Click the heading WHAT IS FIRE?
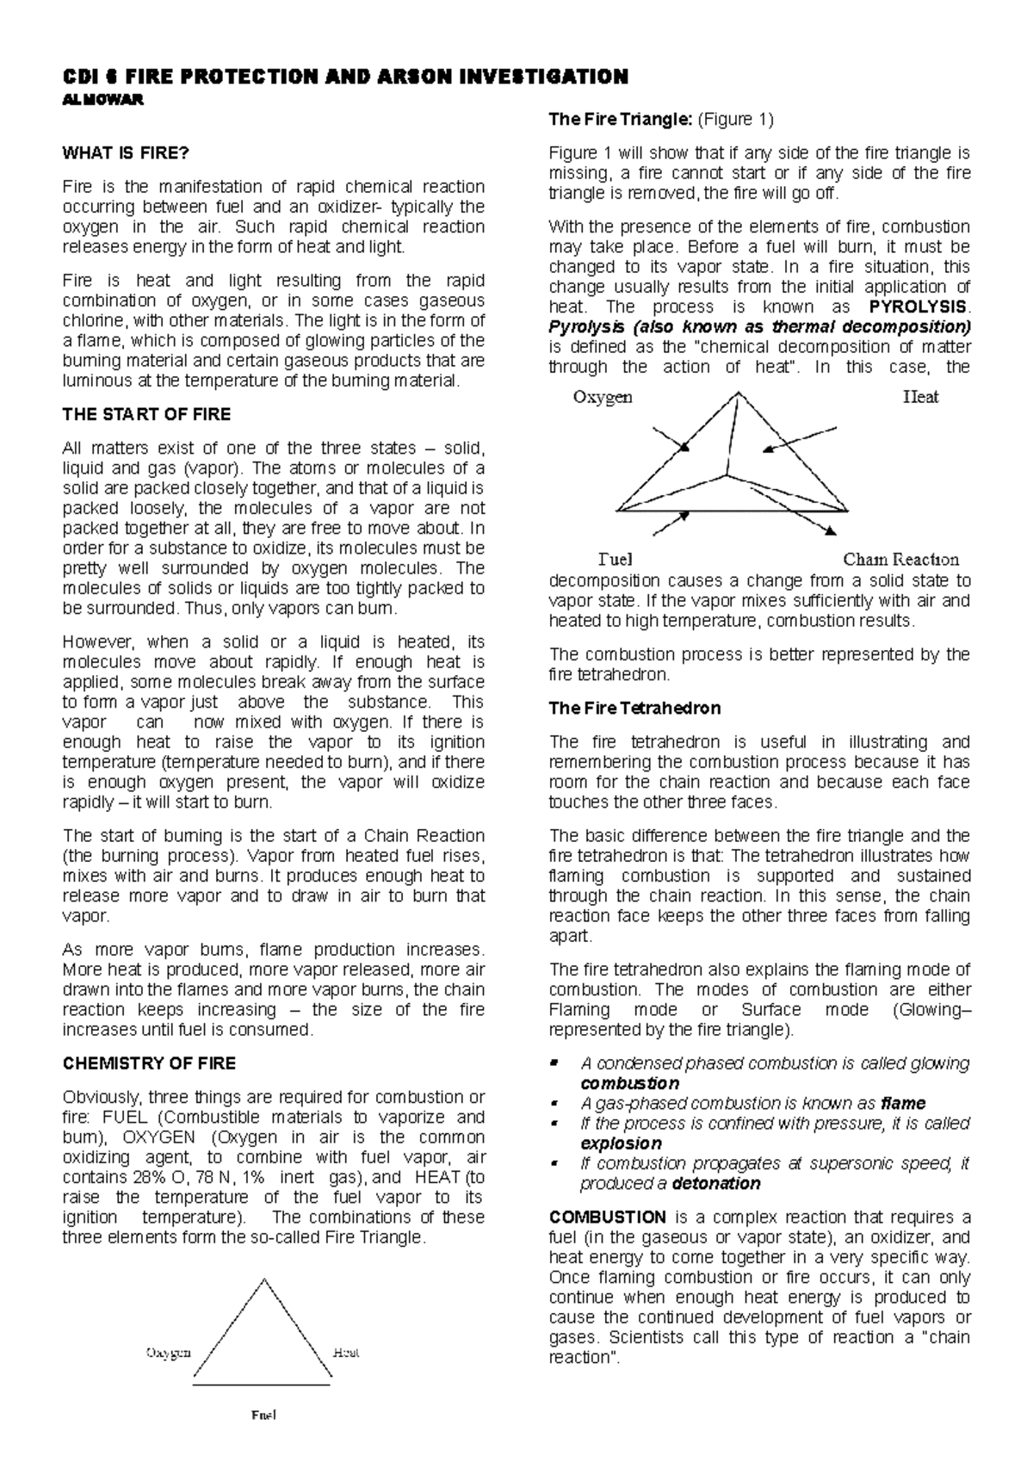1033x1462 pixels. [x=125, y=153]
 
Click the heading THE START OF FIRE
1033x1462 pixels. [x=146, y=414]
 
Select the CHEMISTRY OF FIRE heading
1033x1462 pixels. [x=149, y=1063]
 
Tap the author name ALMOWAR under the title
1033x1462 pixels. [x=102, y=99]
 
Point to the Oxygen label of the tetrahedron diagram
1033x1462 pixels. [x=603, y=397]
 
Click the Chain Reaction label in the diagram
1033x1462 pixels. [x=900, y=559]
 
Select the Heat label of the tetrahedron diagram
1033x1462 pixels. [x=920, y=397]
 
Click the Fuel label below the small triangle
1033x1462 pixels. [x=263, y=1415]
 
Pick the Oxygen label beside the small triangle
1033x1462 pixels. [x=168, y=1352]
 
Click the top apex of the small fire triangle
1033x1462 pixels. [x=263, y=1279]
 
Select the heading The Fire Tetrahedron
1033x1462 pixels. [x=634, y=709]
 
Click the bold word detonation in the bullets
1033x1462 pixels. [x=716, y=1184]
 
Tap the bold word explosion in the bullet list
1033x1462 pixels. [x=621, y=1143]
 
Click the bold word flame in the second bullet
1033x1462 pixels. [x=903, y=1104]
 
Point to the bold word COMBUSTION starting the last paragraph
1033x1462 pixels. [x=607, y=1217]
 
